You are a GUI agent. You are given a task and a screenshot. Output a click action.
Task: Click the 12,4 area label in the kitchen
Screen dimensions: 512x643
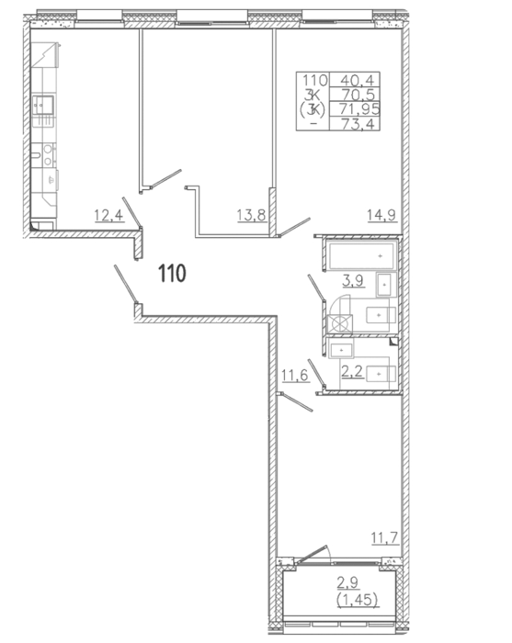pyautogui.click(x=108, y=215)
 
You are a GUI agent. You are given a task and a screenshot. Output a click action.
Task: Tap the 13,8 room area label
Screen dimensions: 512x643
pyautogui.click(x=252, y=214)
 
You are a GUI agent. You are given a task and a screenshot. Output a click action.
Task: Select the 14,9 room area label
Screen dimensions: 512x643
pyautogui.click(x=382, y=214)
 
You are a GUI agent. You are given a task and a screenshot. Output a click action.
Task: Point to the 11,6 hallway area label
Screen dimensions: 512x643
pyautogui.click(x=295, y=375)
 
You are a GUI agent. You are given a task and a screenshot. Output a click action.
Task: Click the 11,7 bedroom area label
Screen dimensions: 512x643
pyautogui.click(x=385, y=536)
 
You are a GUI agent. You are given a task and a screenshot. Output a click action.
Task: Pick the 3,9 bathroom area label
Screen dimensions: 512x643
pyautogui.click(x=354, y=280)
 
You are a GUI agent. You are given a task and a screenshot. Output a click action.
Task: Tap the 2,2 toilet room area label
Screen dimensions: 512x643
pyautogui.click(x=353, y=372)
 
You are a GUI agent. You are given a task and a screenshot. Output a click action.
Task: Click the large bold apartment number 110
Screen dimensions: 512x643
pyautogui.click(x=172, y=273)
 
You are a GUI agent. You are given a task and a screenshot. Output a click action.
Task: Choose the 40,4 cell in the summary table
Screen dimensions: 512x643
pyautogui.click(x=355, y=80)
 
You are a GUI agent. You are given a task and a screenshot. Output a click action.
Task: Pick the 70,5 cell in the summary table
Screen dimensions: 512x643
pyautogui.click(x=355, y=95)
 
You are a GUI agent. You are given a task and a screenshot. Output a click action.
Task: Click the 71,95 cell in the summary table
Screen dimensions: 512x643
pyautogui.click(x=356, y=109)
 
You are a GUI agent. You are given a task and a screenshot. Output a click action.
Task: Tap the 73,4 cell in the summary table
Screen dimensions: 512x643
pyautogui.click(x=355, y=123)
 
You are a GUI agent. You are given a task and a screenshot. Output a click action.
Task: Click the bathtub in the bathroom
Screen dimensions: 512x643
pyautogui.click(x=361, y=255)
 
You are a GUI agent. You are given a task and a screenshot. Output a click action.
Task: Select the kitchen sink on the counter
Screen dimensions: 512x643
pyautogui.click(x=43, y=106)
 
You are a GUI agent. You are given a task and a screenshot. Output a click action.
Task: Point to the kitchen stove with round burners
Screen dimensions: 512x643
pyautogui.click(x=49, y=155)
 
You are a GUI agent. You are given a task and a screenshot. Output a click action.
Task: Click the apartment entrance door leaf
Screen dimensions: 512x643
pyautogui.click(x=126, y=284)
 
